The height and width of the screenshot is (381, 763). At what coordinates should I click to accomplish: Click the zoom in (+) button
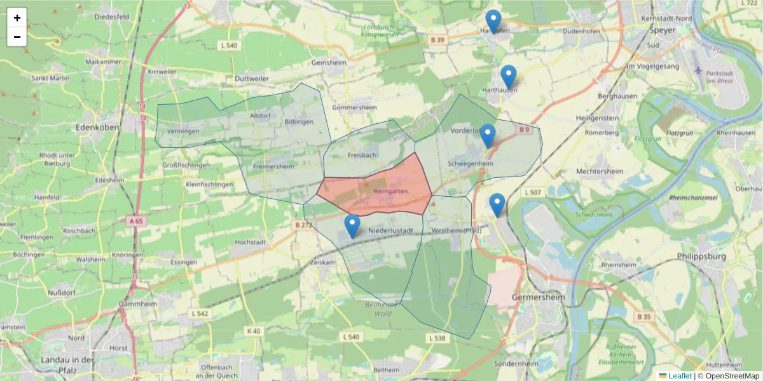[x=17, y=18]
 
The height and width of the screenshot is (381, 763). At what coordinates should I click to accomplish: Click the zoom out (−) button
[x=17, y=37]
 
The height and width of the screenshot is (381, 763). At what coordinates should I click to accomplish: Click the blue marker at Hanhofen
[x=493, y=21]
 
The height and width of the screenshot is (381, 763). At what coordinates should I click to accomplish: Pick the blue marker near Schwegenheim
[x=488, y=135]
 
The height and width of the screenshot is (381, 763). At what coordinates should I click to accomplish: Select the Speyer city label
[x=662, y=29]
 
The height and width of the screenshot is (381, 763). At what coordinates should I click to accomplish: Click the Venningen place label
[x=183, y=131]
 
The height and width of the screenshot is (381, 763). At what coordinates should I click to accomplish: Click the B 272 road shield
[x=304, y=225]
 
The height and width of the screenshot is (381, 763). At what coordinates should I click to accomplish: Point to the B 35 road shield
[x=644, y=316]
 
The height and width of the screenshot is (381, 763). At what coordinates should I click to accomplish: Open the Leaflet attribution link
[x=679, y=376]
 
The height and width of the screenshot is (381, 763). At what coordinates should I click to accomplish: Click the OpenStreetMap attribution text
[x=728, y=376]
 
